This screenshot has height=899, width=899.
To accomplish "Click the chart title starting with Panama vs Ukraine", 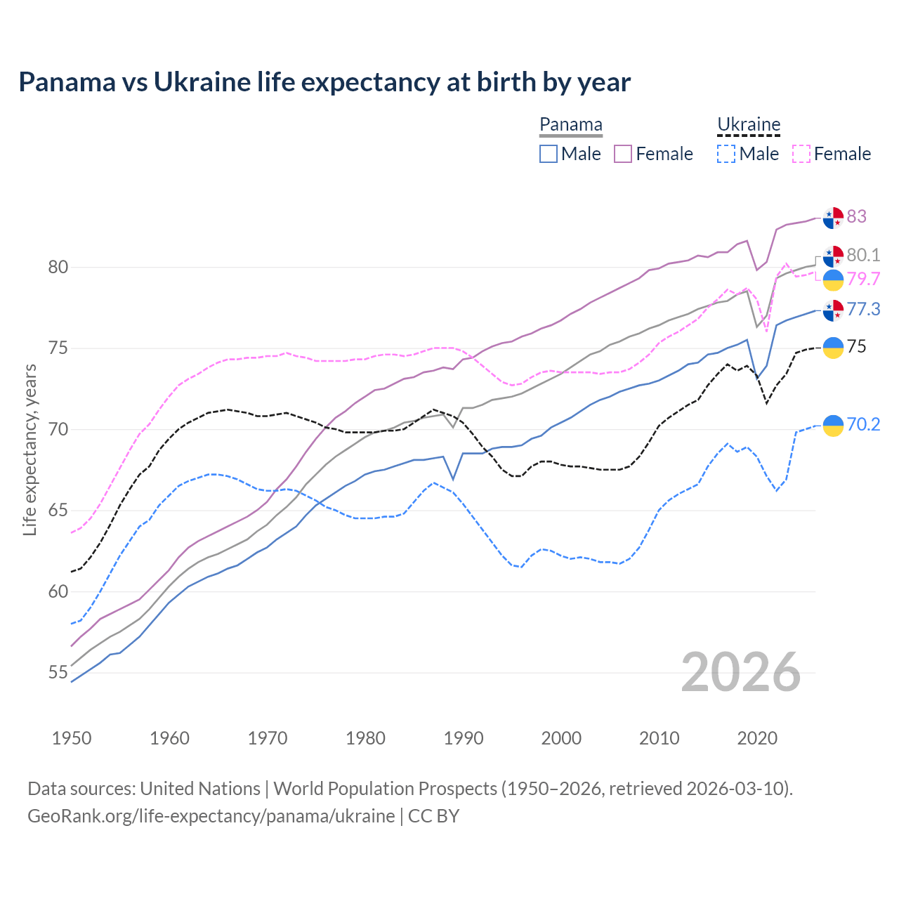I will point(324,82).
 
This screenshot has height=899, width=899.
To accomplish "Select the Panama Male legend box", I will point(549,154).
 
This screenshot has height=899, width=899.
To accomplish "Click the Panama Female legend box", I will point(624,154).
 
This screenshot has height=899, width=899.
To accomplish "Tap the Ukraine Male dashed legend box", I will point(726,154).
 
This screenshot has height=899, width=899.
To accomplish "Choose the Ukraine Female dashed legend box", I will point(801,154).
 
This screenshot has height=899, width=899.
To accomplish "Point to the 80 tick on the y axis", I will point(58,268).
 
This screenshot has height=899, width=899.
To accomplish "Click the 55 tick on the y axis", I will point(58,673).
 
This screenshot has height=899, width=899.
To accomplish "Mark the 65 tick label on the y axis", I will point(58,511).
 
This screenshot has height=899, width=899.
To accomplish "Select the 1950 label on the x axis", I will point(72,738).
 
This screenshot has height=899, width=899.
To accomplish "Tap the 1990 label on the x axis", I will point(464,738).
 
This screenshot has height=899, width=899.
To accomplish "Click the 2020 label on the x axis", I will point(757,738).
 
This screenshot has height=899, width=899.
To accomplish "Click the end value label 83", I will point(857,216).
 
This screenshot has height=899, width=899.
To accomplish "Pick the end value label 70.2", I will point(863,424).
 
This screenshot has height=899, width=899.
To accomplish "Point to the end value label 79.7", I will point(863,279).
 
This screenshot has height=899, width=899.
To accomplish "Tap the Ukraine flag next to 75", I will point(833,348).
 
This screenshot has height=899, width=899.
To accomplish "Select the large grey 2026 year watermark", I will point(741,672).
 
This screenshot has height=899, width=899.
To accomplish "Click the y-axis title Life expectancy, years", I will point(30,449).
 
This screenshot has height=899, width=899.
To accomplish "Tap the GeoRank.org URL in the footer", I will point(211,816).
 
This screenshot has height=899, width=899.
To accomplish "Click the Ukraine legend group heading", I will point(749,125).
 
